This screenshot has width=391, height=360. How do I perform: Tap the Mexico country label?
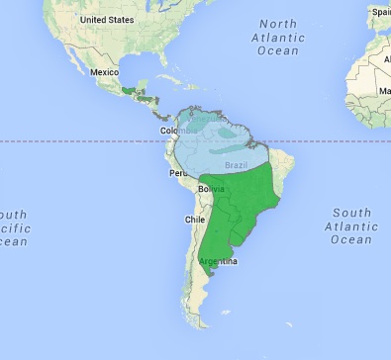(x=105, y=72)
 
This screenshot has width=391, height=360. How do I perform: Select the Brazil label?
(x=237, y=164)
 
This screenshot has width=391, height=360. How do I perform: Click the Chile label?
(x=193, y=220)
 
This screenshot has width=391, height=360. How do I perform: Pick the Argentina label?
(x=217, y=261)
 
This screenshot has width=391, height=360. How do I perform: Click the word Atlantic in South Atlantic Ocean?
(x=351, y=225)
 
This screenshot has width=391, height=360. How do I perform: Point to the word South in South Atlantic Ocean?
(x=351, y=213)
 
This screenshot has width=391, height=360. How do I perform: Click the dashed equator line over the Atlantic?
(x=317, y=140)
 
